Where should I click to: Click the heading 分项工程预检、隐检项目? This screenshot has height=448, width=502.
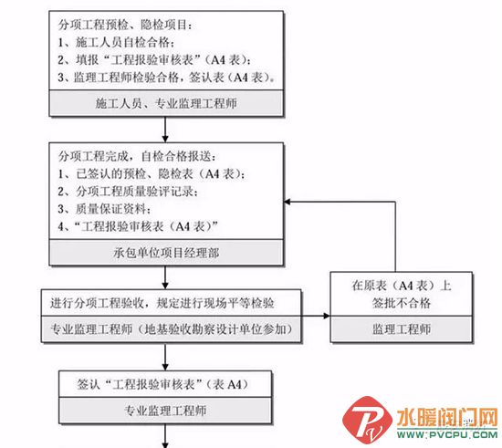125,25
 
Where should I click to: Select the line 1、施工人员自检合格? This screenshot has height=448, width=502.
116,42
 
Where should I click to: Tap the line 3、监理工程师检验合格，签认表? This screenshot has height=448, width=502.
166,78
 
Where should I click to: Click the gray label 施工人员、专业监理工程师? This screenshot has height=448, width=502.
166,103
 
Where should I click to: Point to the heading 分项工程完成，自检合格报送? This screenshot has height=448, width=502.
137,156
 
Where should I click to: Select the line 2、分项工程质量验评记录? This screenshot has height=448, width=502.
128,192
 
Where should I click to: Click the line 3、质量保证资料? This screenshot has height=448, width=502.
104,209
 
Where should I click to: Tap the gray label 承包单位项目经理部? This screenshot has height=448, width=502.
166,253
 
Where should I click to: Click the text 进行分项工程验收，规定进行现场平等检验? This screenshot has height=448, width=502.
162,303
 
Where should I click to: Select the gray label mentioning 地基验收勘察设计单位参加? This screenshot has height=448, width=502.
171,329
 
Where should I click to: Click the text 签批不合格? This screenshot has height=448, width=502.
402,302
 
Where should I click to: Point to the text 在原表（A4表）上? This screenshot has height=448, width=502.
402,285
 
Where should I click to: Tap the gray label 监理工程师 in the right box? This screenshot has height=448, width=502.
402,329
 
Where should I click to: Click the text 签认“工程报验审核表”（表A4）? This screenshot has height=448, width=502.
162,384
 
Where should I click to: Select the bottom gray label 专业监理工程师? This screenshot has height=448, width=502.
165,411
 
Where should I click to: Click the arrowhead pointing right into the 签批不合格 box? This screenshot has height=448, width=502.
327,316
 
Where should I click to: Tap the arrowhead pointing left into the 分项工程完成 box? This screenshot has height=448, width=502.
288,202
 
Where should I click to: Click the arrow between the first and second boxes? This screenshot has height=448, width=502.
165,130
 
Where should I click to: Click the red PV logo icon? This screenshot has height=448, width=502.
367,420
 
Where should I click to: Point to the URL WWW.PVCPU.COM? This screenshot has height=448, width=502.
447,434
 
